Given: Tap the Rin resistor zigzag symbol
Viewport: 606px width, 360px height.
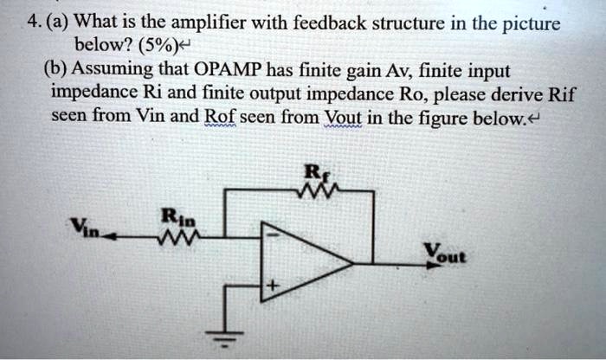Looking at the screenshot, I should click(187, 232).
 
